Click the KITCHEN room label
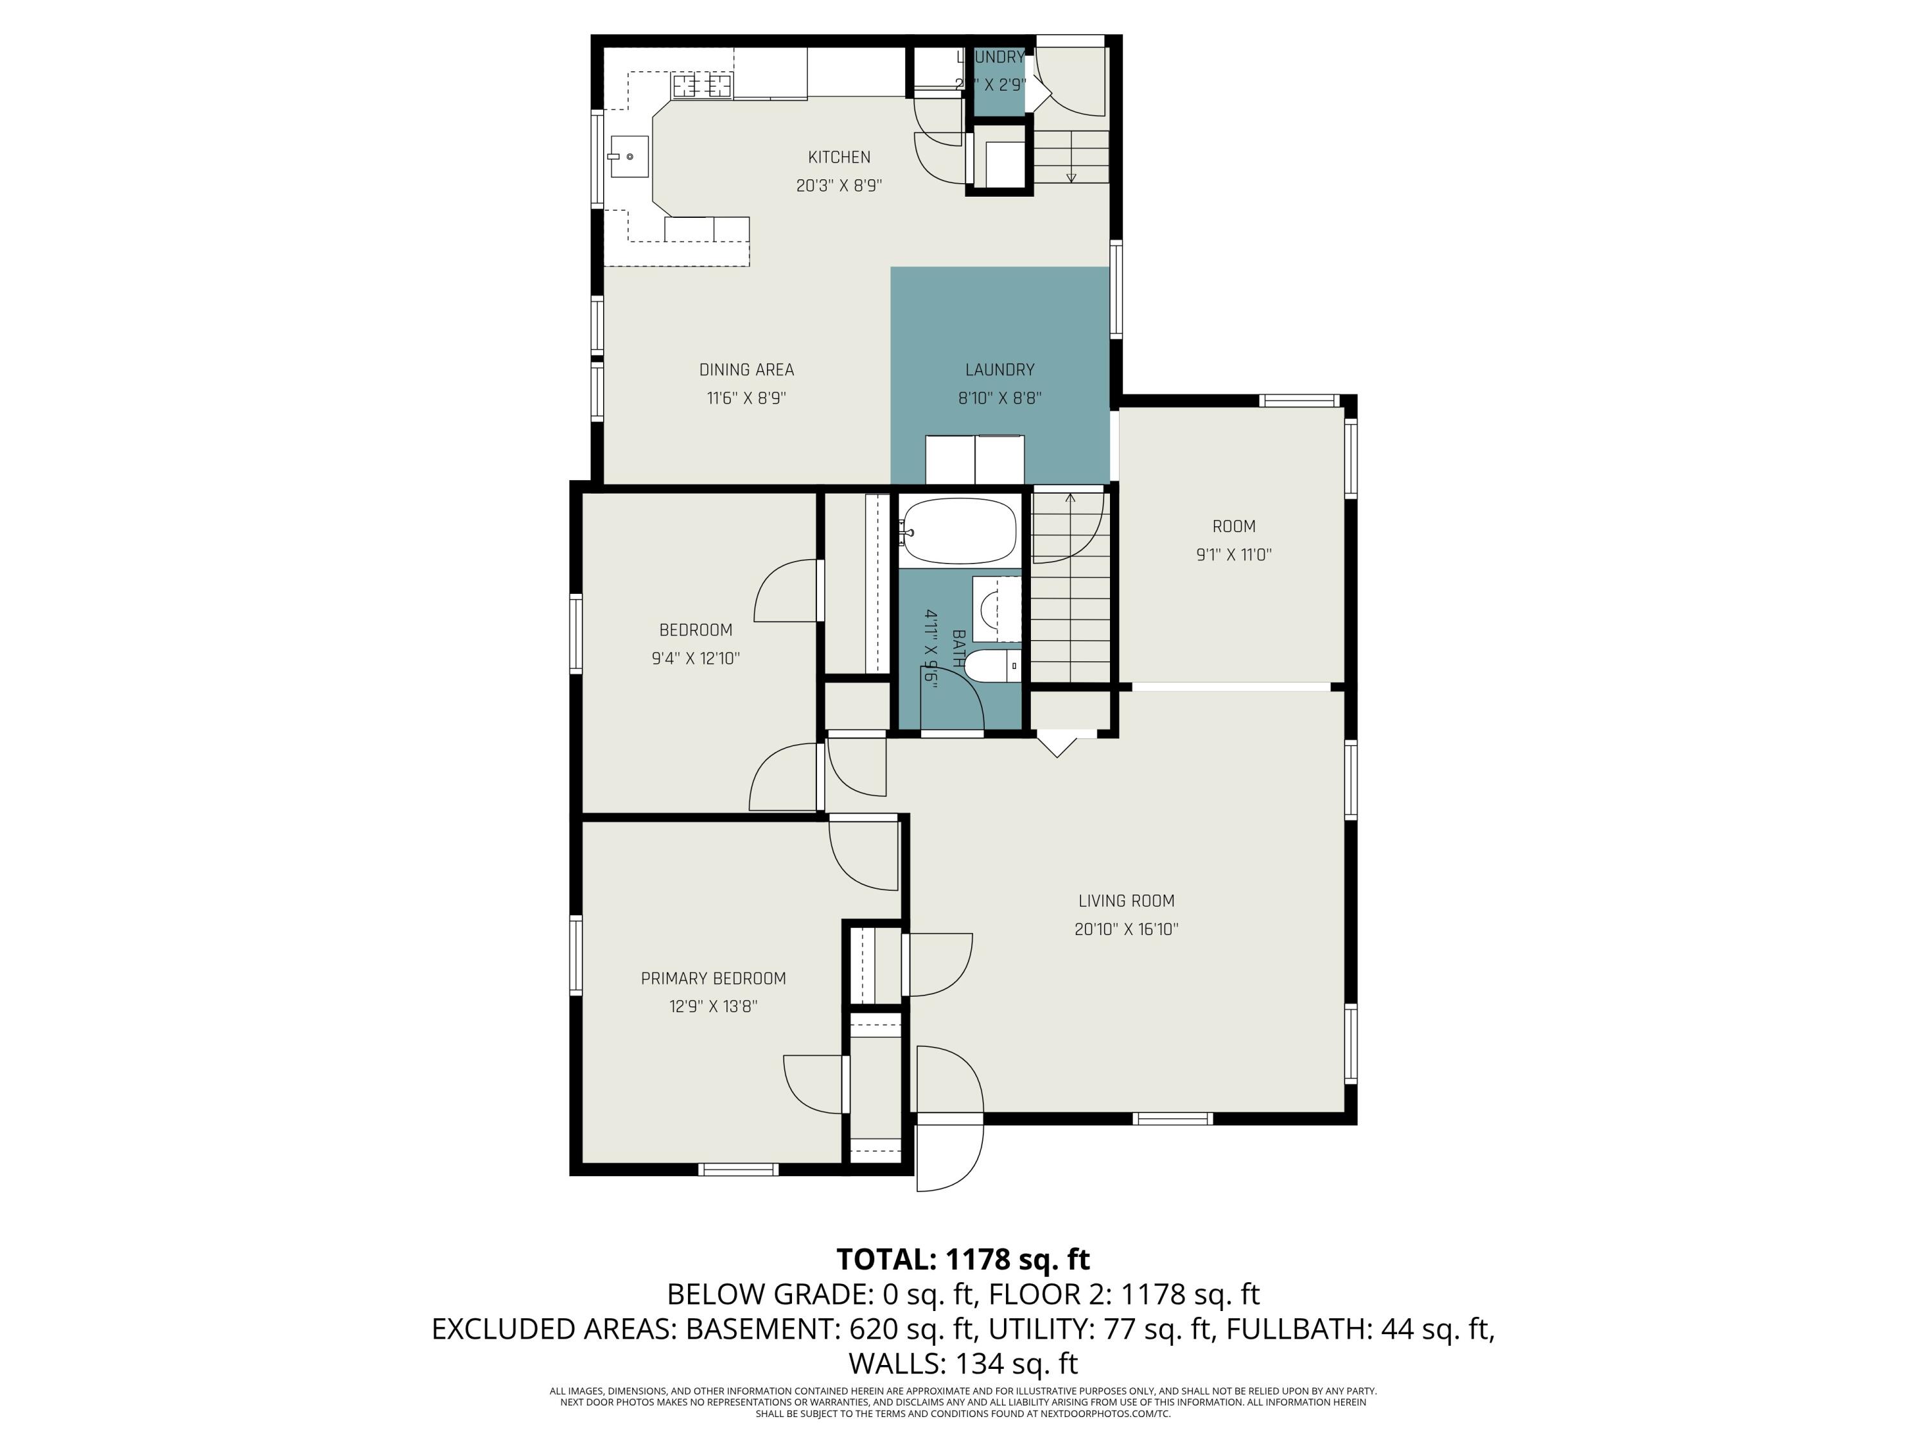pos(839,157)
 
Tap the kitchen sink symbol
pos(629,157)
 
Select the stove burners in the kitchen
pos(701,85)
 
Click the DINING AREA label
pos(746,370)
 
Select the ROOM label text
pos(1233,526)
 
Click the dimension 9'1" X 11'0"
pos(1233,555)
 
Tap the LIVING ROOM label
pos(1127,901)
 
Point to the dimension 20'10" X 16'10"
pos(1127,929)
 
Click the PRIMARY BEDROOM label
pos(714,979)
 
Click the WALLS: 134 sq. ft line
pos(963,1362)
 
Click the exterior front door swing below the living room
pos(949,1155)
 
